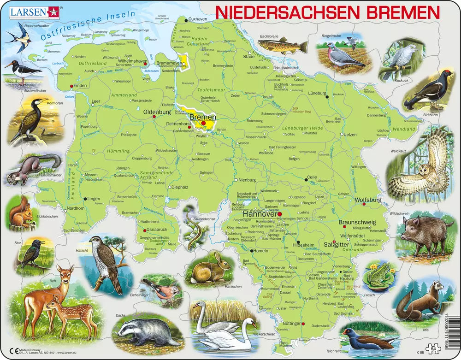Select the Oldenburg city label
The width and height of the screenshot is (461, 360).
coord(157,112)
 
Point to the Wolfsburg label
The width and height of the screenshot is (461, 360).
coord(368,200)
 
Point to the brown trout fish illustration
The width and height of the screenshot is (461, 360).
coord(283,46)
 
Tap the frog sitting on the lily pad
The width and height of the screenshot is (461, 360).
coord(379,276)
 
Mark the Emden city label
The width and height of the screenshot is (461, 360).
coord(80,86)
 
